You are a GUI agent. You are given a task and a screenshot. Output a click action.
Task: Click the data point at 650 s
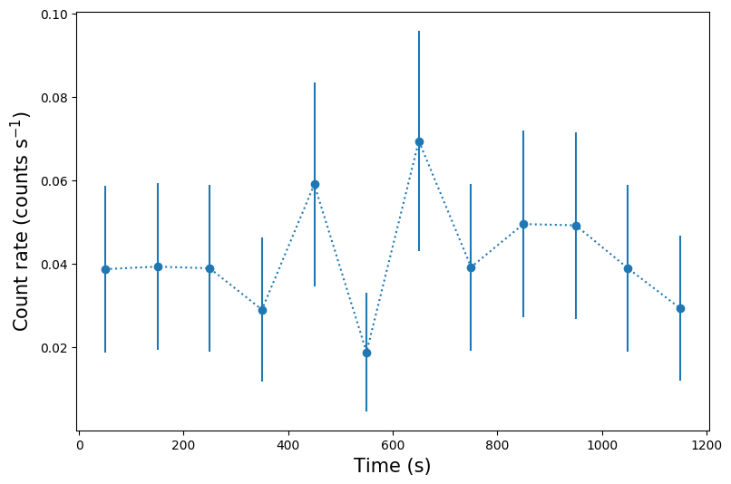tap(419, 141)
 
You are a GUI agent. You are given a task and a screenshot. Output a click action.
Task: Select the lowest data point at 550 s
tap(366, 353)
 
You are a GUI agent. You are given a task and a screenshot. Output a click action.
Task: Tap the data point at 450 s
tap(315, 184)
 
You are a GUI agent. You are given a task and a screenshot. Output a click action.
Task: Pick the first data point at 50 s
tap(105, 269)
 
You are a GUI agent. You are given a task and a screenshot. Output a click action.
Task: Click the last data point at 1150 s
tap(680, 308)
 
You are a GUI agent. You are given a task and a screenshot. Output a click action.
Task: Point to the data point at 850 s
tap(523, 224)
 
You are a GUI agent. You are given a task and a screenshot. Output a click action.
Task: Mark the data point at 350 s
tap(262, 310)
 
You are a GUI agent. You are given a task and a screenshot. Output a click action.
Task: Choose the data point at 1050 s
tap(628, 268)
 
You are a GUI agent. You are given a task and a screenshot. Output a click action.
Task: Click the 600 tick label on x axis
tap(393, 445)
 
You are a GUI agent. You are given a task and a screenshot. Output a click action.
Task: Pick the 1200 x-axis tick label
tap(707, 445)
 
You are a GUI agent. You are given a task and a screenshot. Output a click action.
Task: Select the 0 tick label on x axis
tap(79, 445)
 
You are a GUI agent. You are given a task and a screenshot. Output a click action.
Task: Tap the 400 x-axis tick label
tap(288, 445)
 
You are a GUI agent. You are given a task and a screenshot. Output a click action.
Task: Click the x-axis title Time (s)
tap(392, 466)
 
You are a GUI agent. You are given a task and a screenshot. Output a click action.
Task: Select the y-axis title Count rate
tap(21, 220)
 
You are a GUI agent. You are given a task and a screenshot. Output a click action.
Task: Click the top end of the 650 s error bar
tap(419, 32)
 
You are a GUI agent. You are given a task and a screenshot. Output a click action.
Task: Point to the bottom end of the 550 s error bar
tap(366, 411)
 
